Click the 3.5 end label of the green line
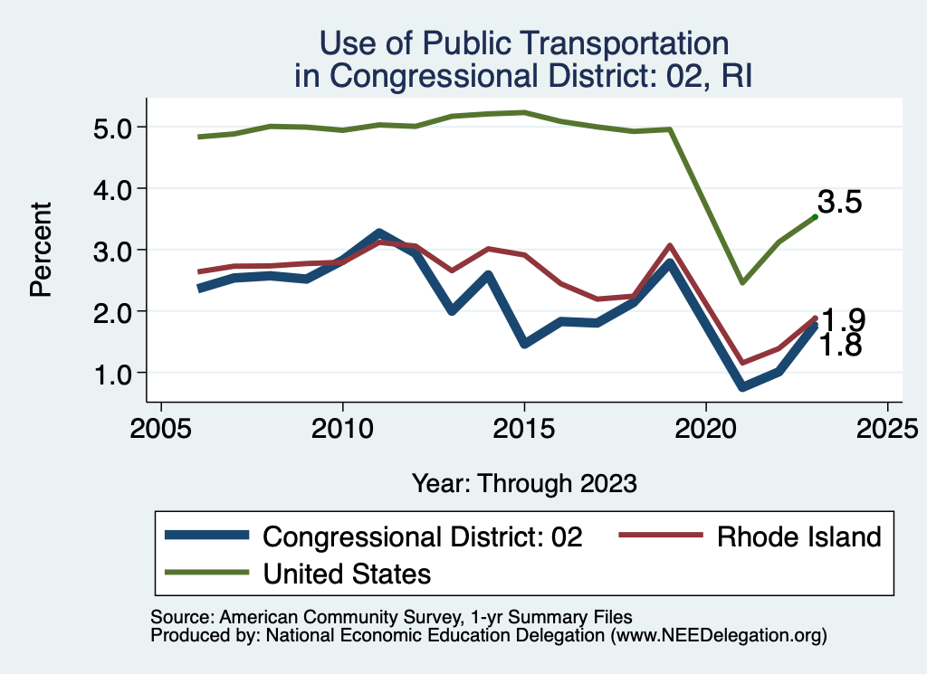tap(839, 202)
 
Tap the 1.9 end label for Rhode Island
tap(843, 320)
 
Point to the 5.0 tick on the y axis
tap(113, 128)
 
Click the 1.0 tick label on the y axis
tap(113, 373)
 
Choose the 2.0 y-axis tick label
tap(113, 311)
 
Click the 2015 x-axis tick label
tap(524, 427)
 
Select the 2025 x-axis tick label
tap(887, 427)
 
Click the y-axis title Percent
tap(40, 251)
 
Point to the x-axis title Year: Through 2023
tap(524, 483)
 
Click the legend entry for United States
tap(347, 573)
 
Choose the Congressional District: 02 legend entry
tap(422, 536)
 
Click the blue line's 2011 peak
tap(379, 233)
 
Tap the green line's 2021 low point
tap(742, 282)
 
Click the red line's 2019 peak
tap(670, 245)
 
